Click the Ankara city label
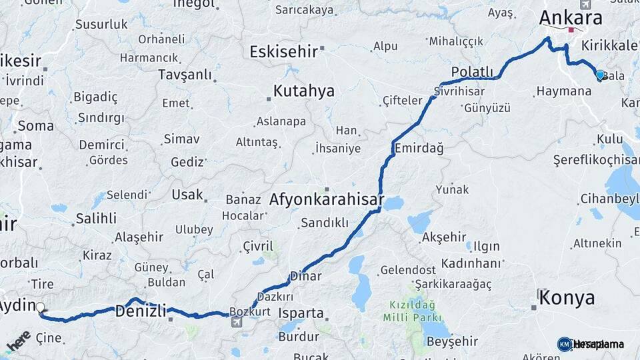click(571, 18)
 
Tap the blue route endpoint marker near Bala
click(600, 75)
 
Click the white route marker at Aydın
click(40, 308)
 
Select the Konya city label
click(567, 297)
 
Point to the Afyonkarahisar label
click(327, 199)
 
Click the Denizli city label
click(140, 311)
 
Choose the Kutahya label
click(304, 91)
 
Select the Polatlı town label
click(472, 71)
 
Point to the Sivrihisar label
click(457, 90)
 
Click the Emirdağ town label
click(419, 148)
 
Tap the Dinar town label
click(305, 276)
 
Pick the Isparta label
click(300, 313)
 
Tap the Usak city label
click(187, 195)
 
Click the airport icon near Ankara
click(585, 5)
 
